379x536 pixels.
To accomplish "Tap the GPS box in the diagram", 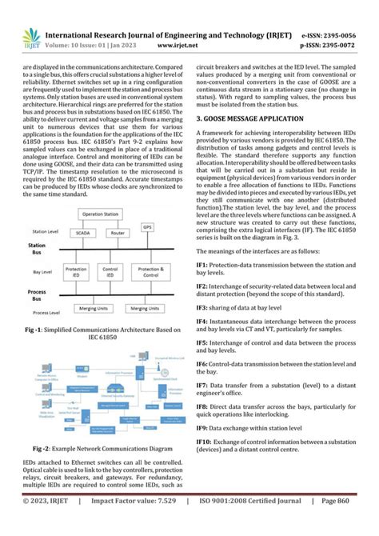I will tap(146, 227).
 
